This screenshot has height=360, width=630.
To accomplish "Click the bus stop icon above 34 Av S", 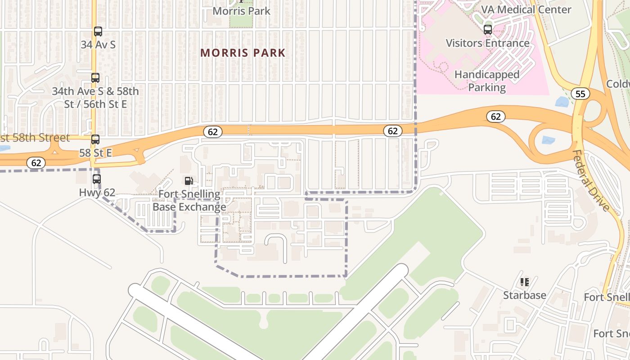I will [98, 31].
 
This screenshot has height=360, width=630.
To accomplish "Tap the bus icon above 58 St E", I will [95, 139].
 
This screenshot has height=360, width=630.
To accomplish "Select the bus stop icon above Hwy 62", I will [97, 179].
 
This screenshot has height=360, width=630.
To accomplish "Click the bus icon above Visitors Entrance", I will [488, 30].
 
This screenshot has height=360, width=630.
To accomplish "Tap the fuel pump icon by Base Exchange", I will [189, 181].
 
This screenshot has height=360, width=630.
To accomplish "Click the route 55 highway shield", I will [580, 94].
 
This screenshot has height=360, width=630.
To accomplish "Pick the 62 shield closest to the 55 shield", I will [495, 117].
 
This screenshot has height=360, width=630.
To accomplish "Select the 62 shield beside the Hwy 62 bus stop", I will [36, 163].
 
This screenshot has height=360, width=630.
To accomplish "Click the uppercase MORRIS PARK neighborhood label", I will [243, 53].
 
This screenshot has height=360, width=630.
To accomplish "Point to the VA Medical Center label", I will [526, 9].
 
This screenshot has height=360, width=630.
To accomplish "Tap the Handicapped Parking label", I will [487, 81].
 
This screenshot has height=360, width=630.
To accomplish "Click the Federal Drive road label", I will [591, 180].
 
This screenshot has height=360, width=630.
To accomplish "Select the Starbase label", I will [525, 295].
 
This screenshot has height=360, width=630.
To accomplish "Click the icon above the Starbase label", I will [525, 282].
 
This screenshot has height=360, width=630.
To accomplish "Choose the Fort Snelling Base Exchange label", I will [189, 201].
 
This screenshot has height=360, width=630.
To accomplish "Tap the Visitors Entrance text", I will [488, 43].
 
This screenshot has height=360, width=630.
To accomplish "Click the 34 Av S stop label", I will [98, 45].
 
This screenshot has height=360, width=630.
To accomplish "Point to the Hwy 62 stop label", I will [97, 193].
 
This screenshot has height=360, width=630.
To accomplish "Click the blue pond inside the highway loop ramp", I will [548, 140].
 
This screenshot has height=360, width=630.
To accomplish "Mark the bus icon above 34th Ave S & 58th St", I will [95, 78].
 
